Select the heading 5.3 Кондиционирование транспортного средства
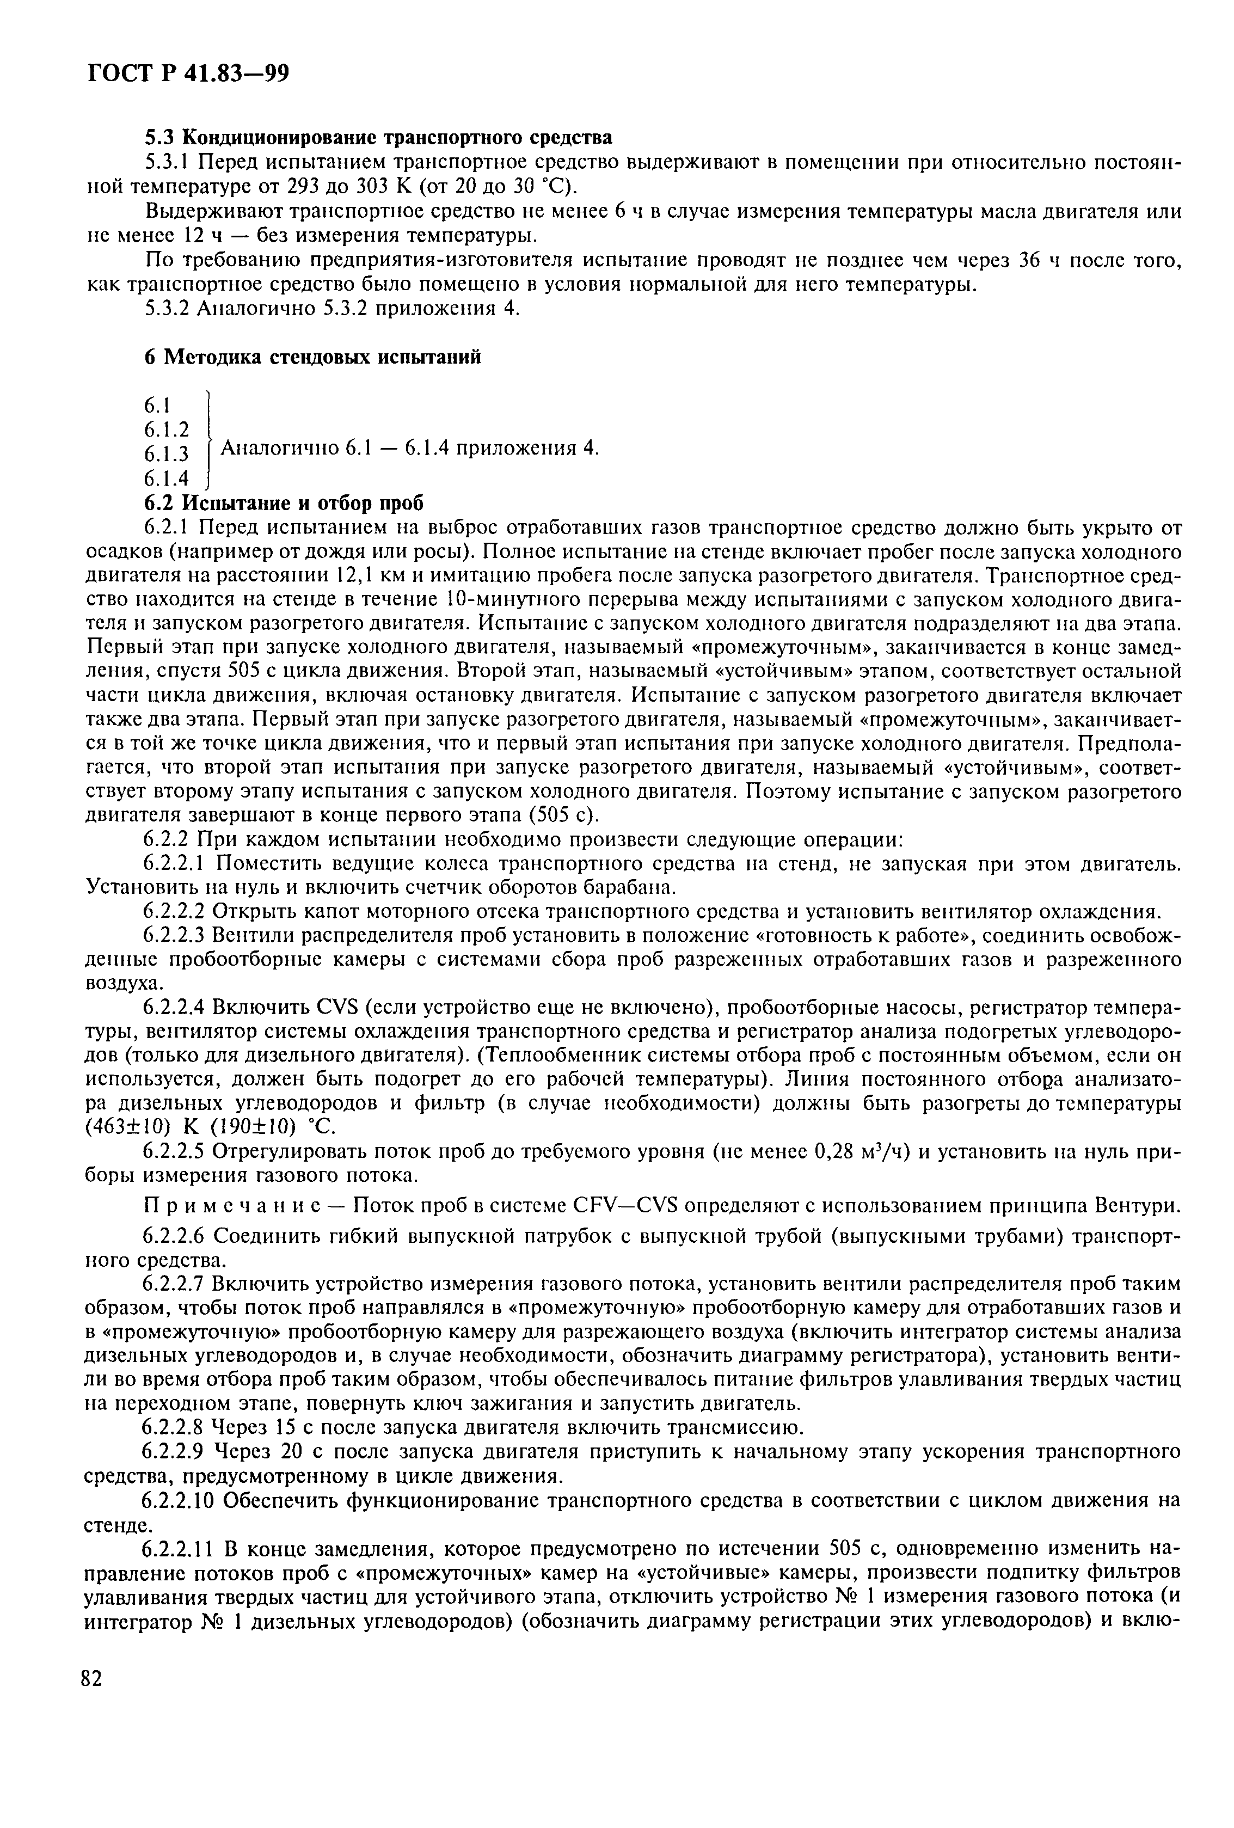pos(378,138)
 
